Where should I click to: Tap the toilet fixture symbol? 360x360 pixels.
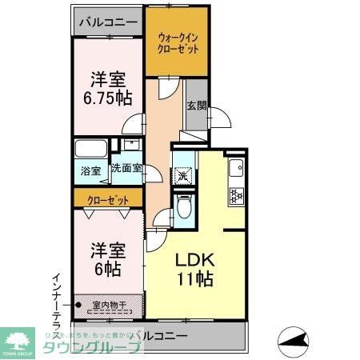(183, 209)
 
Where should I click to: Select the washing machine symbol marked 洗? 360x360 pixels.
(183, 175)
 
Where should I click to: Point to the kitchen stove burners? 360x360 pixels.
(237, 194)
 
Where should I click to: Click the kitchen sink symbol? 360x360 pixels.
(237, 169)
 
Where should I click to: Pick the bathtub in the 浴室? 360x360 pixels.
(91, 150)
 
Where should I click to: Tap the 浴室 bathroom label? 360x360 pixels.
(90, 170)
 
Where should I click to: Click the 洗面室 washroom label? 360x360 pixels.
(126, 169)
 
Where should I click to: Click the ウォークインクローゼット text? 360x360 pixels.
(176, 41)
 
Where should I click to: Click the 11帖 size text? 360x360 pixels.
(194, 280)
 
